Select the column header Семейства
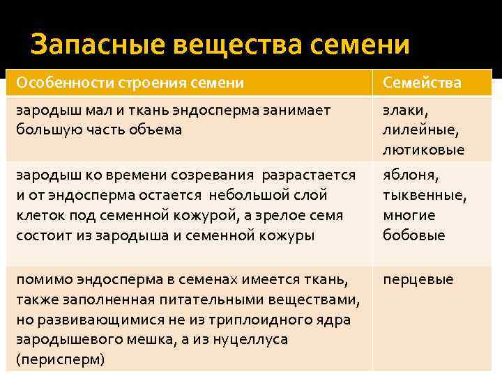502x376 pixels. (x=421, y=83)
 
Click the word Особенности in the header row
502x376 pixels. (x=59, y=83)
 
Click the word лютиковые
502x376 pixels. (x=423, y=150)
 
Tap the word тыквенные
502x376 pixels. (x=424, y=196)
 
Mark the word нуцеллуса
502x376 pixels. (x=247, y=340)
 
